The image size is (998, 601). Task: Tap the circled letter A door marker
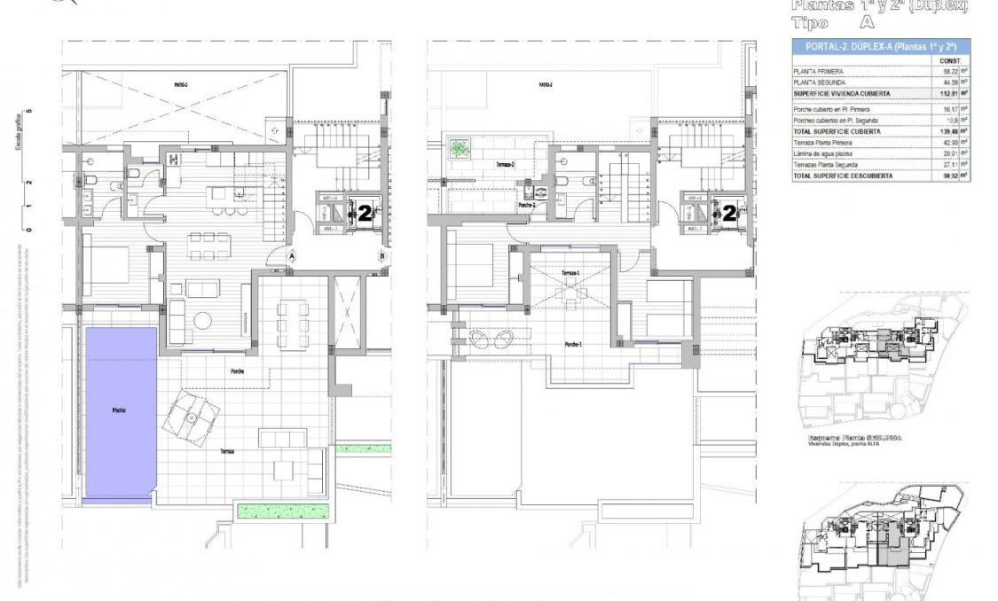[x=291, y=256]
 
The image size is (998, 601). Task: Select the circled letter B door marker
[x=381, y=257]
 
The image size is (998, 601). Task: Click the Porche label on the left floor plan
[x=237, y=371]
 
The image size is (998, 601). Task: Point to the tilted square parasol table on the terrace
[x=192, y=414]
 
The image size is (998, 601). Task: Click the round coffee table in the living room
[x=204, y=319]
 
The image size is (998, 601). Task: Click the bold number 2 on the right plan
[x=729, y=213]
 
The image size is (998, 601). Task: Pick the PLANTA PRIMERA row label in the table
[x=820, y=71]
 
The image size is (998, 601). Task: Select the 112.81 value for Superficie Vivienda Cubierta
[x=946, y=92]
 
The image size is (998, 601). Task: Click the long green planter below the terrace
[x=283, y=510]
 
